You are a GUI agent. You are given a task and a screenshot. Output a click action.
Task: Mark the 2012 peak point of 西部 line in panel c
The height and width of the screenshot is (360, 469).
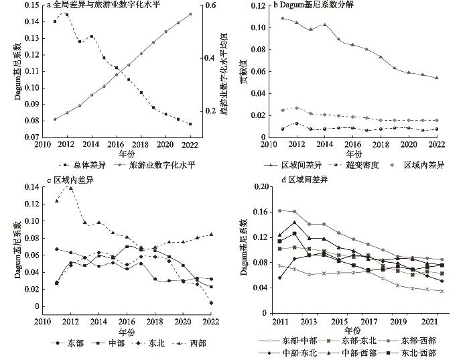click(x=70, y=188)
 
